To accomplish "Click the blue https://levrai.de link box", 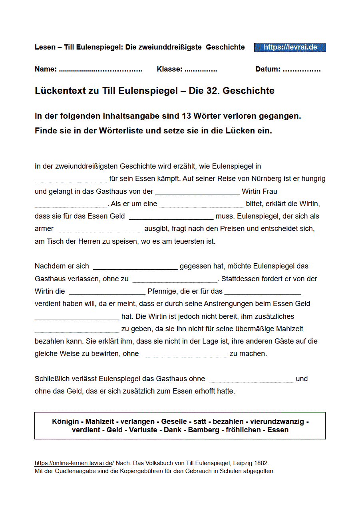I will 290,47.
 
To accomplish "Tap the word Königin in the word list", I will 66,422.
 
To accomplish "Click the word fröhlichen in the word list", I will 244,430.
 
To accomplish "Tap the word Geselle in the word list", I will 174,422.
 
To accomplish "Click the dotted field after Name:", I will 101,70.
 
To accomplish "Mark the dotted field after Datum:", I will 301,70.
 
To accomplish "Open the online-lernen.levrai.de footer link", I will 73,463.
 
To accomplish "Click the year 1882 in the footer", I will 261,463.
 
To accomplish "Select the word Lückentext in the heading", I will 61,91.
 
